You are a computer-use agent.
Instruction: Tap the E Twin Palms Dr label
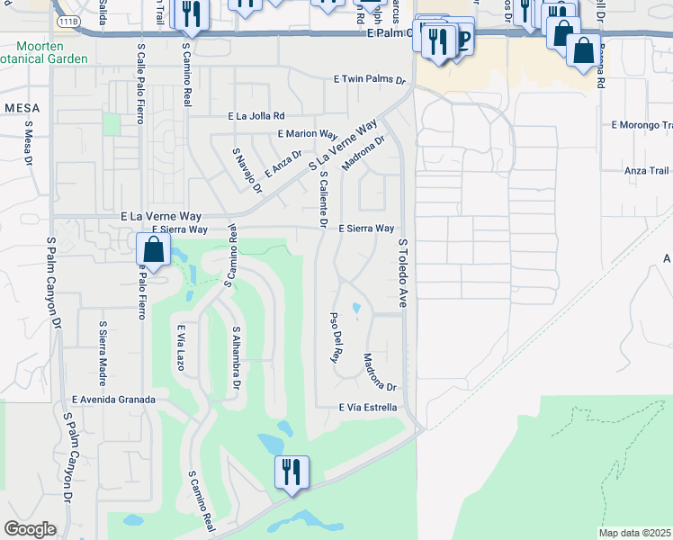[x=371, y=79]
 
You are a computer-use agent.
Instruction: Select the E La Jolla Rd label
[x=256, y=116]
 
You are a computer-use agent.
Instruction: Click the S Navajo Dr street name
[x=247, y=172]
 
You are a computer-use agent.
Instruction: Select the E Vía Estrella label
[x=368, y=408]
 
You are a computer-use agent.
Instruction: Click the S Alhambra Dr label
[x=237, y=358]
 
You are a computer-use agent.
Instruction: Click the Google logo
[x=30, y=529]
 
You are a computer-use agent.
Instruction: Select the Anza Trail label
[x=647, y=170]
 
